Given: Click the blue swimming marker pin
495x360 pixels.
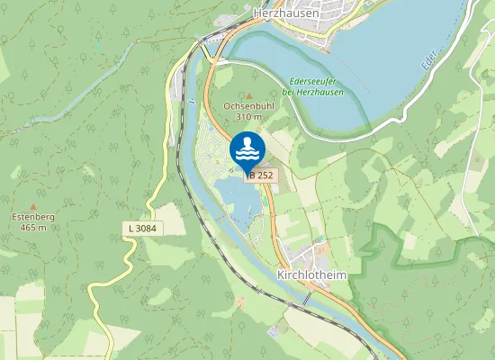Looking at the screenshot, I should pos(247,149).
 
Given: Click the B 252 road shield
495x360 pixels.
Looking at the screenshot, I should pos(259,175).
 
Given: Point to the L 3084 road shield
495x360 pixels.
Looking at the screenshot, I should pos(141,229).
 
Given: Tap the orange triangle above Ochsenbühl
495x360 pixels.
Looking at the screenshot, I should pos(249,94).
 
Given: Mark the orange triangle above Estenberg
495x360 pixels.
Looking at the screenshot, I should pos(32,206).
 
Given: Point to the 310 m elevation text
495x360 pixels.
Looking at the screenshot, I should pos(249,116).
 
